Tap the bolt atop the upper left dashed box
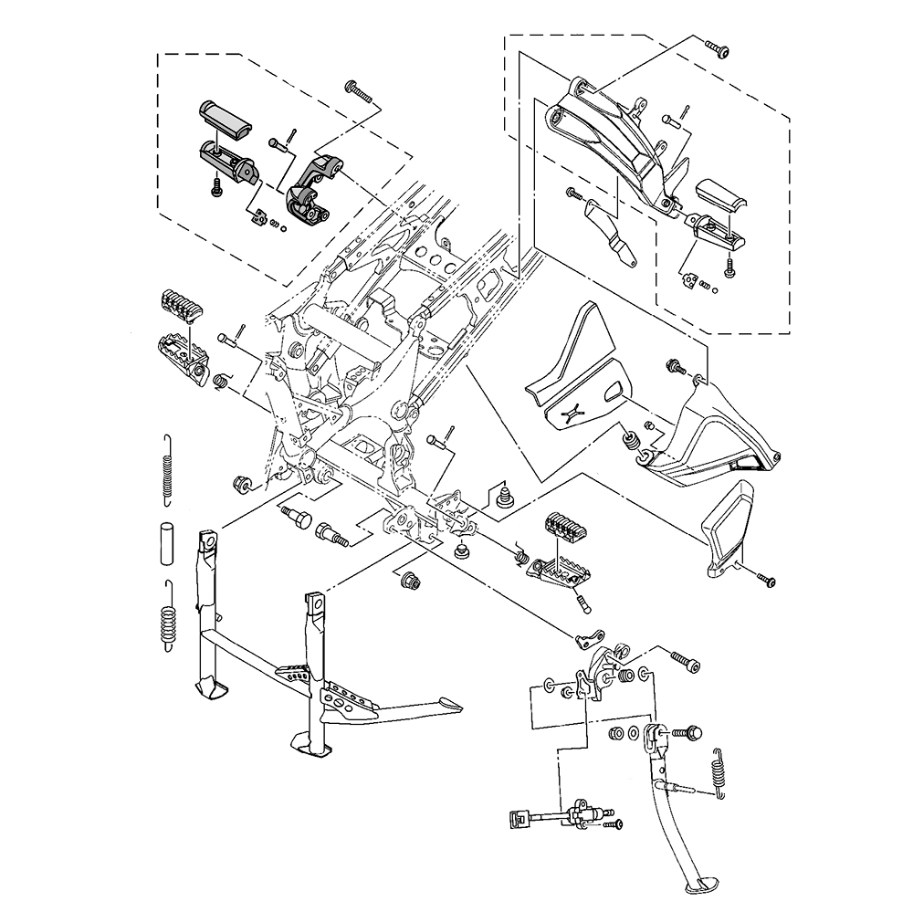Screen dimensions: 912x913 coord(358,89)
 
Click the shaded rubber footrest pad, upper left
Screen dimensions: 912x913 coord(225,119)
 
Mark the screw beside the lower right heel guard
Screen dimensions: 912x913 coord(764,579)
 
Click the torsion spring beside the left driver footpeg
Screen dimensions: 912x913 coord(221,380)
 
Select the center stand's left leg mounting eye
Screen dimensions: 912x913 coord(209,544)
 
